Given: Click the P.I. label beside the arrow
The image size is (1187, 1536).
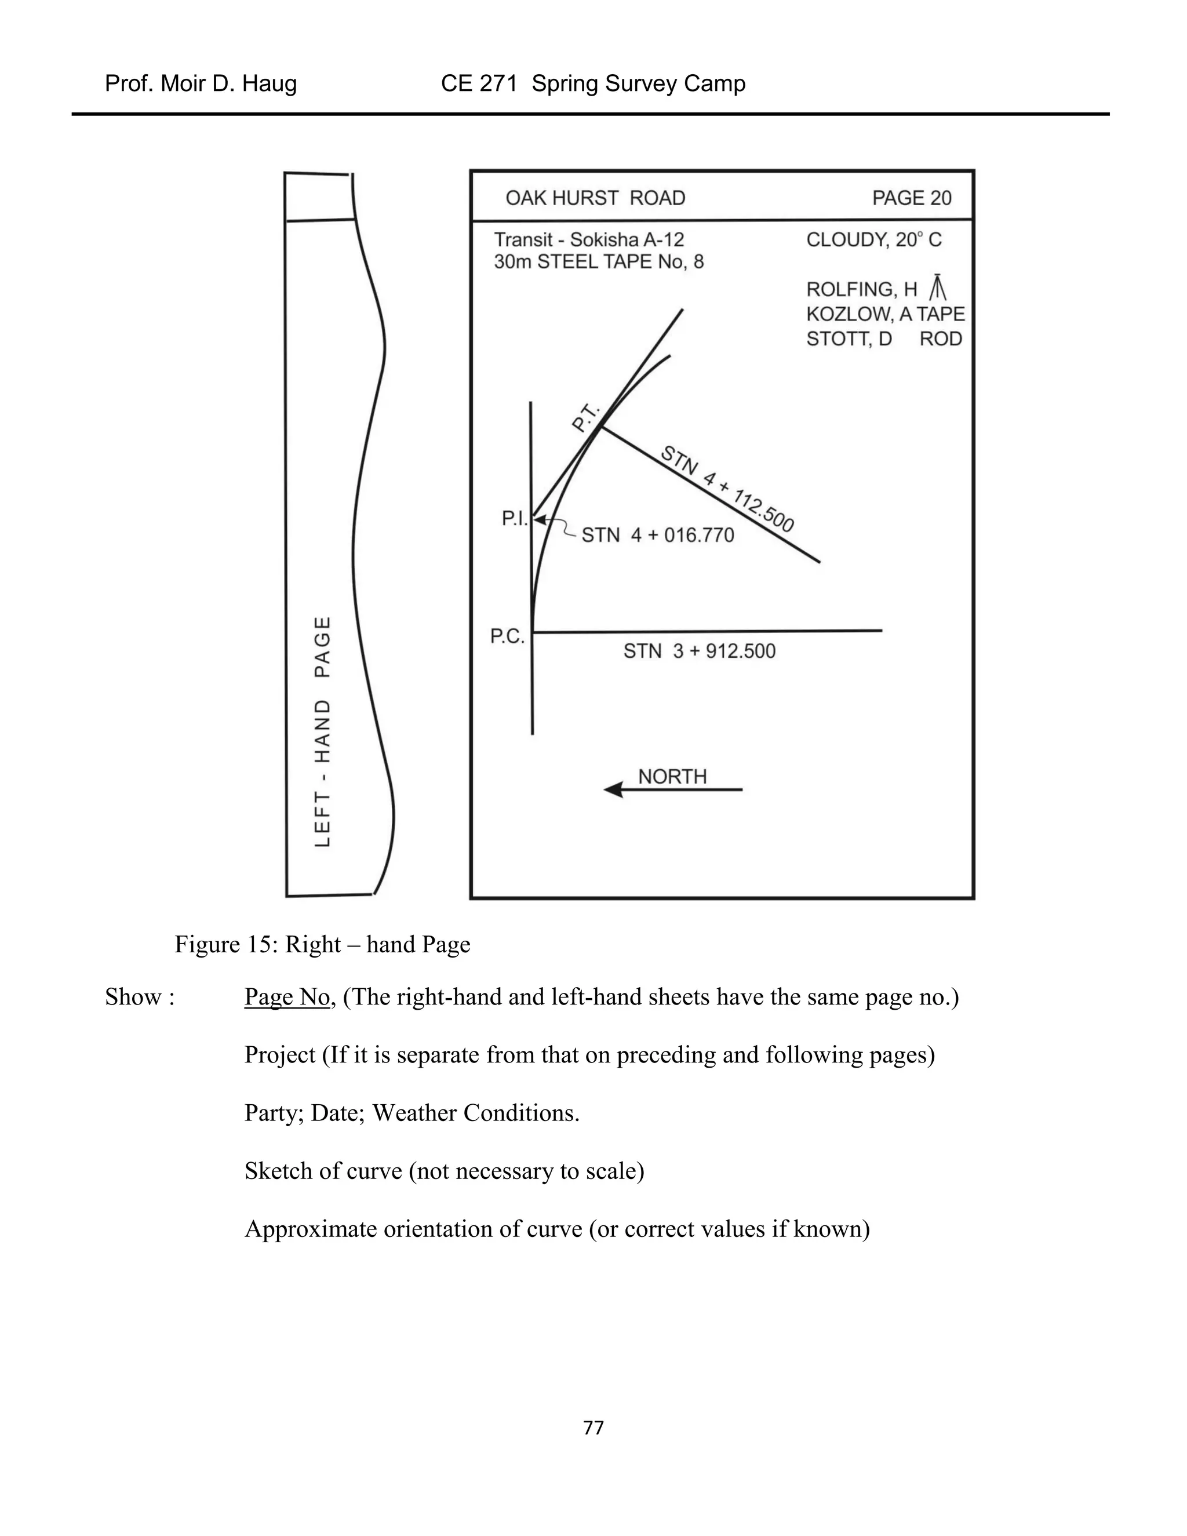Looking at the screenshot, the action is click(x=515, y=518).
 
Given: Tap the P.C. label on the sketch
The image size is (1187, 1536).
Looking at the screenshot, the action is click(x=507, y=636).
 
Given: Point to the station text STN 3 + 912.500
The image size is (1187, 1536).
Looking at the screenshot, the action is click(x=699, y=651).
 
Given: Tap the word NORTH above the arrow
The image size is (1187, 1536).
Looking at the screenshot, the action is click(x=672, y=777).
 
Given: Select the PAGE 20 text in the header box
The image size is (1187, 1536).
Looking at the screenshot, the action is click(x=911, y=198).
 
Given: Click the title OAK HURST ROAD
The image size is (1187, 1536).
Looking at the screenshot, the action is click(x=595, y=198).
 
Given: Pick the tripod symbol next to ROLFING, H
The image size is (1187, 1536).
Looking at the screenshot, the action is click(x=938, y=287).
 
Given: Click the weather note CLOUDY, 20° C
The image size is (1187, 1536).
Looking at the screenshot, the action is click(x=873, y=240).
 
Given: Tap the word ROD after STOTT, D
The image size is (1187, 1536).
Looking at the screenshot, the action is click(x=940, y=339).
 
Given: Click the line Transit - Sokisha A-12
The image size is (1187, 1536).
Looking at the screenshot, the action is click(x=589, y=240).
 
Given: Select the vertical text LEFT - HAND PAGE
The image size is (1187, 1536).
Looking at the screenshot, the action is click(x=322, y=731).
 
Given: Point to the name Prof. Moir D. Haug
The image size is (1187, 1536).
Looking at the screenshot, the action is click(x=201, y=83).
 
